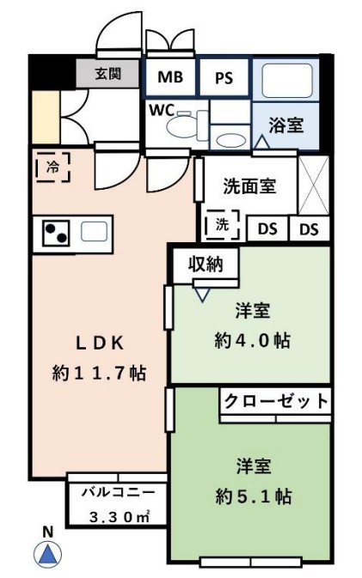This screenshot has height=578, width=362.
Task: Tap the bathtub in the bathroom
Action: click(286, 83)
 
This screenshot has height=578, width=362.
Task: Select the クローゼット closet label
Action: click(276, 401)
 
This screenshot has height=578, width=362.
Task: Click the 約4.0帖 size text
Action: click(251, 340)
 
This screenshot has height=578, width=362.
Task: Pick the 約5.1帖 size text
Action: click(253, 496)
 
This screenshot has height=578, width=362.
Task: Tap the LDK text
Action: click(98, 342)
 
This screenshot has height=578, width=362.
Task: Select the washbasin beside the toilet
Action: click(228, 138)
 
